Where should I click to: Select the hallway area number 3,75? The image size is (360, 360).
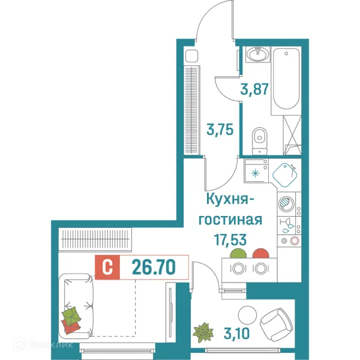pyautogui.click(x=220, y=129)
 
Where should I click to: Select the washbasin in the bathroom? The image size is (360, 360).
pyautogui.click(x=259, y=55)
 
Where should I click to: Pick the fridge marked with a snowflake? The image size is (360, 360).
pyautogui.click(x=256, y=173)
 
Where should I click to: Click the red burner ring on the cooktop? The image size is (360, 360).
pyautogui.click(x=294, y=241)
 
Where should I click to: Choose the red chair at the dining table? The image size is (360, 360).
pyautogui.click(x=260, y=255)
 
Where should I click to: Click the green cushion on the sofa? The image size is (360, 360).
pyautogui.click(x=73, y=316)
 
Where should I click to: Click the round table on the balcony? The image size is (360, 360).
pyautogui.click(x=247, y=314)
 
